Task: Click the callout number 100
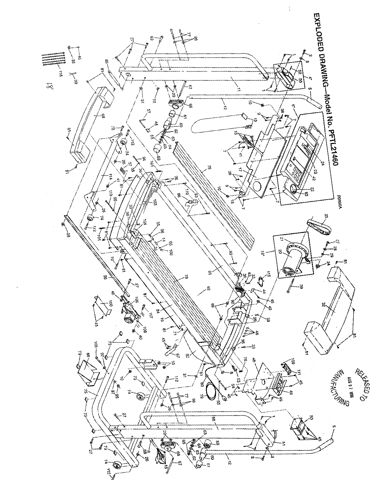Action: pos(110,303)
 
